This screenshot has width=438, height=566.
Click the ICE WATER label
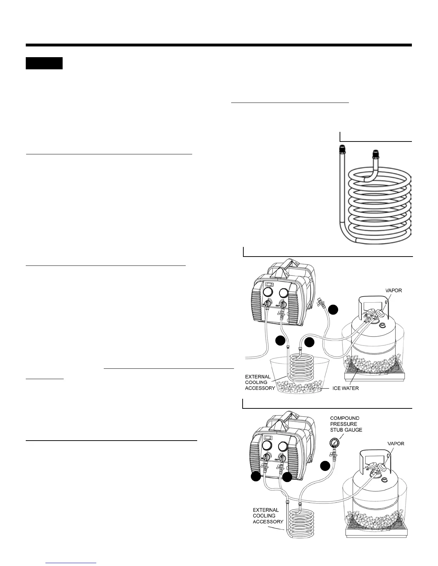point(344,388)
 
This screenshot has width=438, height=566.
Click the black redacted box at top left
point(44,63)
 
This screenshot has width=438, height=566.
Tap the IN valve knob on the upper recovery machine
point(266,304)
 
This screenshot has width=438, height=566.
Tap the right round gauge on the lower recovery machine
point(283,446)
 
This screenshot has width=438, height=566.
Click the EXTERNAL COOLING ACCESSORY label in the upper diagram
point(260,382)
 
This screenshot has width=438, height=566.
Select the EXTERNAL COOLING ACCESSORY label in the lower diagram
point(268,516)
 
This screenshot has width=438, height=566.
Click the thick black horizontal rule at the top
point(219,45)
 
